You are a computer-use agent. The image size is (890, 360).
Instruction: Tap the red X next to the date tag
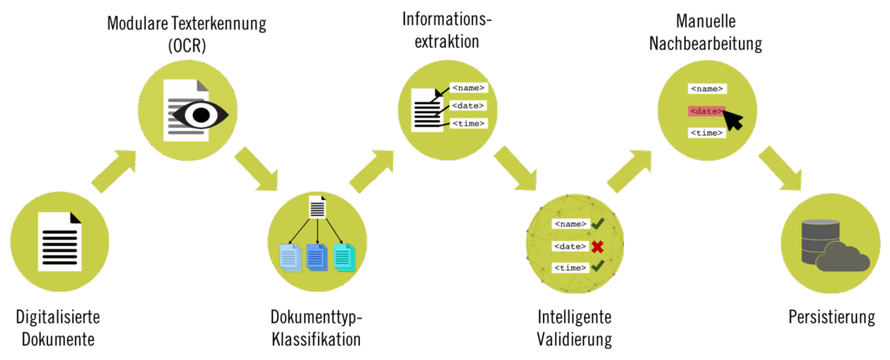(x=597, y=246)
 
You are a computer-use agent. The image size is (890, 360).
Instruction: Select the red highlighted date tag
(x=706, y=110)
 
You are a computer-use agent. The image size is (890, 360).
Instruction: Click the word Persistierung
(x=832, y=317)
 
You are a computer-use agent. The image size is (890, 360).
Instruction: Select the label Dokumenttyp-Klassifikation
(x=315, y=327)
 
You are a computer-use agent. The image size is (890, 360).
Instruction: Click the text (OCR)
(x=186, y=45)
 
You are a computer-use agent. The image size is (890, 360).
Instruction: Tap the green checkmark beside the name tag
(x=597, y=224)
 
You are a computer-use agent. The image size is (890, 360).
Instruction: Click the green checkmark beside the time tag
(x=597, y=266)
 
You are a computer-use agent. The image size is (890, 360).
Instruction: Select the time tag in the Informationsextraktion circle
(x=468, y=123)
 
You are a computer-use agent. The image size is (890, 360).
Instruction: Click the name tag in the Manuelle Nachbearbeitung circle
(x=707, y=89)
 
